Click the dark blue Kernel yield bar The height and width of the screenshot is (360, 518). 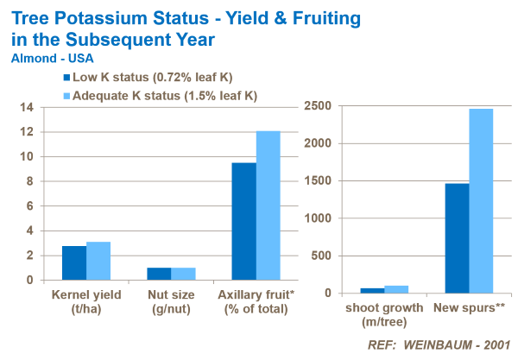[73, 263]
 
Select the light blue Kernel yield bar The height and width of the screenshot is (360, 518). [98, 261]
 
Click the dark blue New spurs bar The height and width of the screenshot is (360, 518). [457, 238]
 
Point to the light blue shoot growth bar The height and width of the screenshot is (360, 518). [397, 289]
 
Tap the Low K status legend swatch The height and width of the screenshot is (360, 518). [65, 79]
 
